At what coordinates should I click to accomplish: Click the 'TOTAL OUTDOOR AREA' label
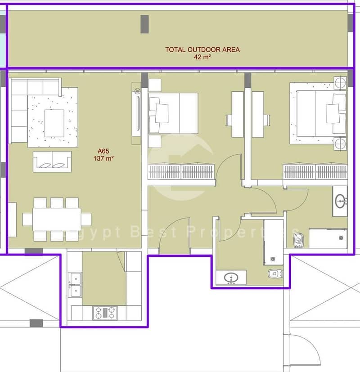coord(202,49)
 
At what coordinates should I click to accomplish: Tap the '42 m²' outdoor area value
coord(202,57)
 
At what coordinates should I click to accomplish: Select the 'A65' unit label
coord(103,151)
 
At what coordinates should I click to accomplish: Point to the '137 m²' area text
coord(103,158)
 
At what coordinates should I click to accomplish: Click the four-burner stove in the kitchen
coord(105,313)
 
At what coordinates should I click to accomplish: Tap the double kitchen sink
coord(75,285)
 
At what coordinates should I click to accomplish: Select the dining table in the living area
coord(57,219)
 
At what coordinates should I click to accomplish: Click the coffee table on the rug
coord(54,123)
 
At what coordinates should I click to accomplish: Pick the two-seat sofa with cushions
coord(52,161)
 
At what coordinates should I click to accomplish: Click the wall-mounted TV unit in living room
coord(136,113)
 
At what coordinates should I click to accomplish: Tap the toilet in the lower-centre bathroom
coord(275,274)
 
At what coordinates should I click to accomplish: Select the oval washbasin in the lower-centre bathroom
coord(231,277)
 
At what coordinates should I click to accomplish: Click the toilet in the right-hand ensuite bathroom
coord(299,240)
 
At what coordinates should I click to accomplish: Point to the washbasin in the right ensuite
coord(340,201)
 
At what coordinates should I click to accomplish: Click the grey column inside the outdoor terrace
coord(145,24)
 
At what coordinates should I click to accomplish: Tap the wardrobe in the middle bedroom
coord(181,171)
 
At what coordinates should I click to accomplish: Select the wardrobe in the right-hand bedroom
coord(315,171)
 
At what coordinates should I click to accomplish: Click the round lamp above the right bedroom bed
coord(340,83)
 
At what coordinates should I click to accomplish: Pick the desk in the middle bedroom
coord(238,114)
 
